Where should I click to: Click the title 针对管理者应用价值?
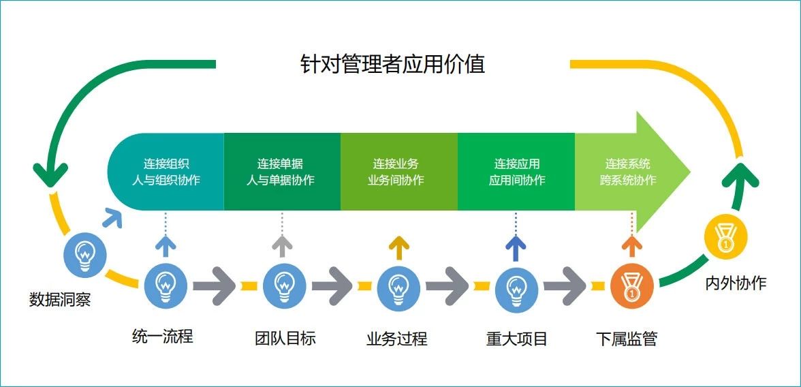(393, 64)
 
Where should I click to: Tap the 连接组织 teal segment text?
(166, 164)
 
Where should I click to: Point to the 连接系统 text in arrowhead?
(628, 164)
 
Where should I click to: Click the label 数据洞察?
(60, 299)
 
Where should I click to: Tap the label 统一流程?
(163, 336)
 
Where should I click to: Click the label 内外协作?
(736, 283)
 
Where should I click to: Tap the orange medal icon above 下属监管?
(631, 286)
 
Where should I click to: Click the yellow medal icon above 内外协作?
(725, 238)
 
